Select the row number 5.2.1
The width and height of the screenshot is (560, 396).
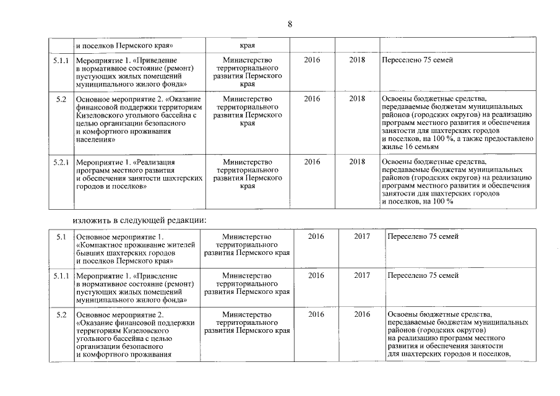(61, 162)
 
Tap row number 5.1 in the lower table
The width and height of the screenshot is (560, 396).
(61, 237)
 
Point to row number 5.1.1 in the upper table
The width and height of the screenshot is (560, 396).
(61, 60)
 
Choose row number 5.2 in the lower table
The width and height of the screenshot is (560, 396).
(61, 315)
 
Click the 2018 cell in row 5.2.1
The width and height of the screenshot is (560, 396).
(357, 162)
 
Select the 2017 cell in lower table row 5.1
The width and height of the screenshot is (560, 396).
(362, 237)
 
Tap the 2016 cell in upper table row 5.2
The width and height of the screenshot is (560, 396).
(312, 98)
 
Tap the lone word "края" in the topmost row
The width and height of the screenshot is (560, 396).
(248, 45)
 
